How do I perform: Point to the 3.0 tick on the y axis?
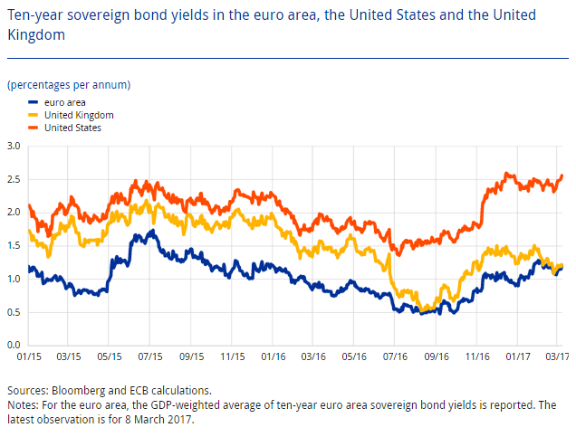point(13,146)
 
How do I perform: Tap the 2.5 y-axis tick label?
point(13,179)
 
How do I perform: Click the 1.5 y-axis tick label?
point(13,245)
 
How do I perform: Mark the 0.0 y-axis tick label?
point(13,345)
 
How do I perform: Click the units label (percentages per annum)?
point(69,85)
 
